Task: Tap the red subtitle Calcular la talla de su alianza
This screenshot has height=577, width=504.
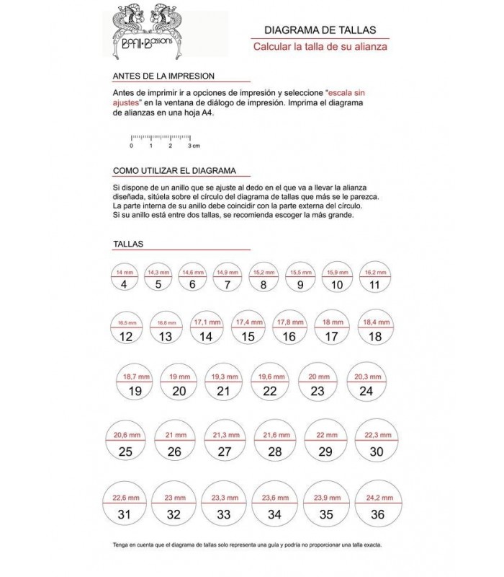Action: (320, 47)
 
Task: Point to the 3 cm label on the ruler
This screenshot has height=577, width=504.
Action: (193, 146)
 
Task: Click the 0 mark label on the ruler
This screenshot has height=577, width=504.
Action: (132, 146)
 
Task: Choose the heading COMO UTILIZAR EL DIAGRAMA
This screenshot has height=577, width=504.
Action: (175, 171)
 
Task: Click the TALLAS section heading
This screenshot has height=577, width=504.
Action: (128, 244)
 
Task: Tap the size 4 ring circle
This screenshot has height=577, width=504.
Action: (124, 277)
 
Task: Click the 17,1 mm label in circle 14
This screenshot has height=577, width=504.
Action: (207, 322)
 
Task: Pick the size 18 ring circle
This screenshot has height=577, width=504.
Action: (374, 329)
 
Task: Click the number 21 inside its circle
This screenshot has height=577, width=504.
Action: (223, 392)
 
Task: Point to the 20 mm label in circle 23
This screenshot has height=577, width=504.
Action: (318, 377)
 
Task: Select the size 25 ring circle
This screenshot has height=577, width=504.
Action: (125, 444)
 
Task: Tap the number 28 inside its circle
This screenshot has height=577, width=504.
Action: (274, 452)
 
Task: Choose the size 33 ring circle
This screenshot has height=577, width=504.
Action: (224, 506)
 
